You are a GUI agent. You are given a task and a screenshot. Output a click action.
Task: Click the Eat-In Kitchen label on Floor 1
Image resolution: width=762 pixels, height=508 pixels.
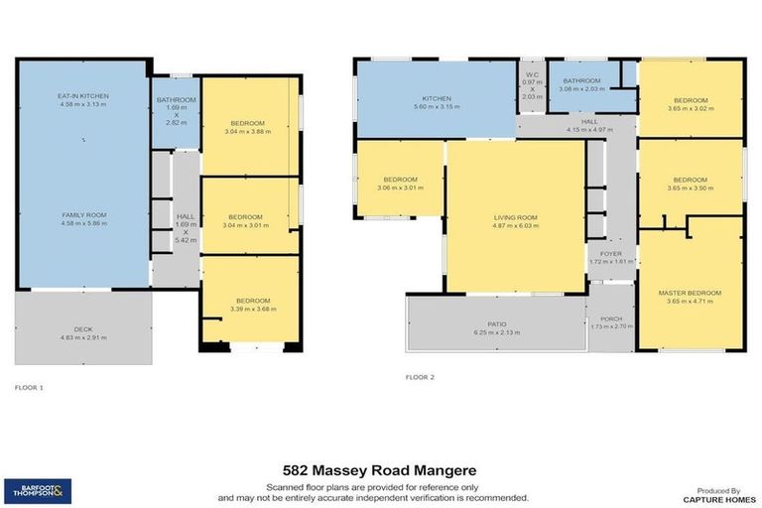click(82, 96)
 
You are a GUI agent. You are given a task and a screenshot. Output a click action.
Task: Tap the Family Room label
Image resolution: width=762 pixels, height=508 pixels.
click(82, 214)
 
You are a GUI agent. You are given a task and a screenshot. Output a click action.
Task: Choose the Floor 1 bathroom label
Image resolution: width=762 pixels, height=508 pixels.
click(177, 100)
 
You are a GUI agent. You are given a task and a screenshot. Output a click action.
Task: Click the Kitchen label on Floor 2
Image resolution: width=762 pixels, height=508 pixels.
click(437, 99)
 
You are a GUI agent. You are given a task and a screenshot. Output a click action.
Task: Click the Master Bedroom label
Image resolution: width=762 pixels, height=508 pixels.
click(690, 293)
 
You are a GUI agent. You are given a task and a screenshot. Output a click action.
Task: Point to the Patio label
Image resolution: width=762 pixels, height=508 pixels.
click(495, 324)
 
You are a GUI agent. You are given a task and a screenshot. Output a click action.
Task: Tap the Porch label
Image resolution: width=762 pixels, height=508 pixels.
click(611, 318)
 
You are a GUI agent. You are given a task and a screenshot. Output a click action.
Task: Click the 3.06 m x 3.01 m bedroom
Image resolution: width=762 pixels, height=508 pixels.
click(400, 180)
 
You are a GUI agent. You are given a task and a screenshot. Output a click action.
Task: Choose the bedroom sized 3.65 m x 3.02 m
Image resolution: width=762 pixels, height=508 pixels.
click(691, 100)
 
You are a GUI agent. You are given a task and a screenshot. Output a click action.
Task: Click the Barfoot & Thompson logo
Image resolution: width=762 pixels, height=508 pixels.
click(37, 488)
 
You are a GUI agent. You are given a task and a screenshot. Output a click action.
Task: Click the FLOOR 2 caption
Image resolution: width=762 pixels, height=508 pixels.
click(420, 377)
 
